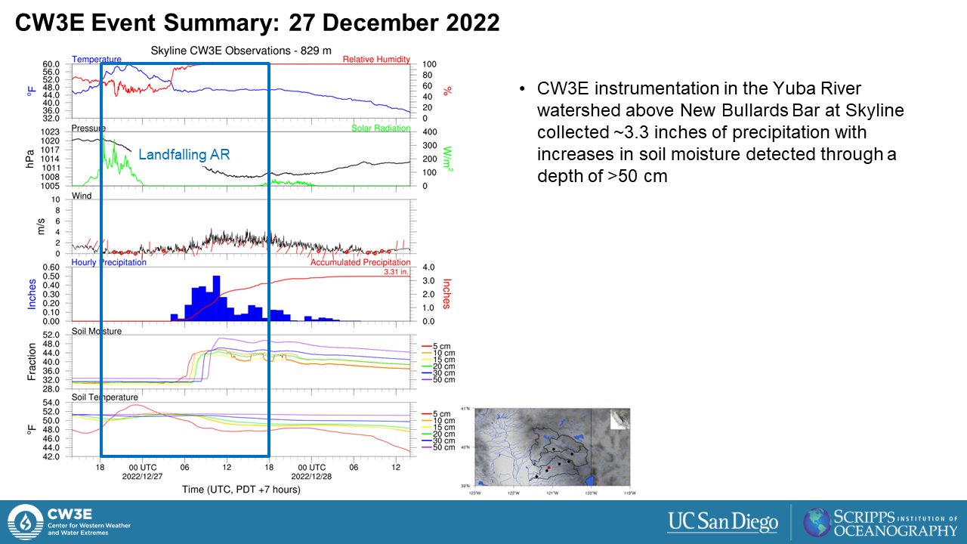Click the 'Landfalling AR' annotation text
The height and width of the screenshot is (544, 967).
coord(184,154)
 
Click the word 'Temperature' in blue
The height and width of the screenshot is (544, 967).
coord(96,60)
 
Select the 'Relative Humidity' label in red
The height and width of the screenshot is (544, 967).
coord(376,60)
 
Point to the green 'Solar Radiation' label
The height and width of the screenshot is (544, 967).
coord(381,128)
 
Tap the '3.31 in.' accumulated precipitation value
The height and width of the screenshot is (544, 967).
coord(397,271)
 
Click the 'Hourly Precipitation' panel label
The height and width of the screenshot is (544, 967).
coord(109,262)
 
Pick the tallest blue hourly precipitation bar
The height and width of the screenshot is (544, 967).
coord(217,298)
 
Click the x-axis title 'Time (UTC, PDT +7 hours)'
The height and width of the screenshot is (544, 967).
coord(241,490)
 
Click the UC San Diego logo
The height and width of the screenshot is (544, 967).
coord(722,521)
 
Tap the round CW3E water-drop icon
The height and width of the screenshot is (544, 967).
coord(25,521)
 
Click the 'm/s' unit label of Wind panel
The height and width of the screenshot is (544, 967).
coord(42,225)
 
